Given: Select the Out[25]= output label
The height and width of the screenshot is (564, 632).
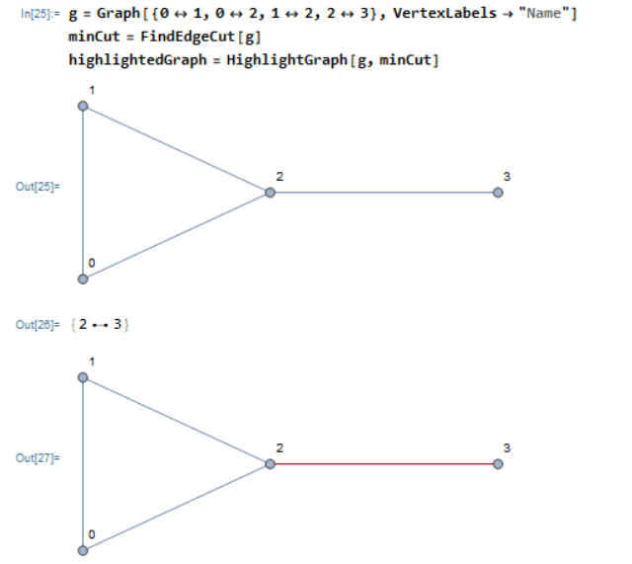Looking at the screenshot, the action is [38, 185].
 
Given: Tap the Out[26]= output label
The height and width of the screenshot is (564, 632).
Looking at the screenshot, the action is [38, 324].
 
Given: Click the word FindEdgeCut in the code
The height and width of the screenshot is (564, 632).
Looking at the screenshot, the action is [173, 39].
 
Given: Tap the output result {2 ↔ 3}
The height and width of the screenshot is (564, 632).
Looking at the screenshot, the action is [103, 324].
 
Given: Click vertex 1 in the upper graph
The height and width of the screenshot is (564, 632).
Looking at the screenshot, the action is [83, 106].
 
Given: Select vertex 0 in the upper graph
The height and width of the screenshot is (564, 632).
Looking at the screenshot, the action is [83, 279].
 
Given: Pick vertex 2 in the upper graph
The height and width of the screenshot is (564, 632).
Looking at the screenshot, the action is [269, 193].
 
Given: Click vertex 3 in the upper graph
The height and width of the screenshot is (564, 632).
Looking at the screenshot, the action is [498, 193].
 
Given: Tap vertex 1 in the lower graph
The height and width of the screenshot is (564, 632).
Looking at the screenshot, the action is [83, 376].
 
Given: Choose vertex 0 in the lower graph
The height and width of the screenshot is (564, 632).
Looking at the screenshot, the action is [83, 549].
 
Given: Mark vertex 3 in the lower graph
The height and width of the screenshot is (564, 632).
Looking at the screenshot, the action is [498, 463].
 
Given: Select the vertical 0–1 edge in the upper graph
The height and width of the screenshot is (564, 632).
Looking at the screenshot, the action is [83, 193].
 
